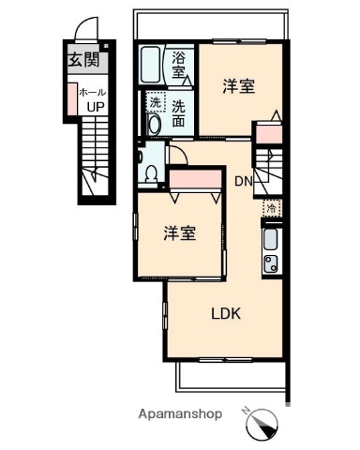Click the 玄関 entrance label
tap(83, 61)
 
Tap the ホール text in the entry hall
tap(92, 93)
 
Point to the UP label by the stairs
tap(95, 106)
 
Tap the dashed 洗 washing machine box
tap(156, 103)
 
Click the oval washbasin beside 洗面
tap(154, 125)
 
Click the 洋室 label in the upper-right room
tap(238, 87)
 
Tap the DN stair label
tap(243, 181)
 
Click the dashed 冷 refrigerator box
tap(271, 209)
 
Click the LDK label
tap(226, 314)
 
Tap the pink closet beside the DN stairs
tap(268, 133)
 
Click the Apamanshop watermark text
tap(180, 413)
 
